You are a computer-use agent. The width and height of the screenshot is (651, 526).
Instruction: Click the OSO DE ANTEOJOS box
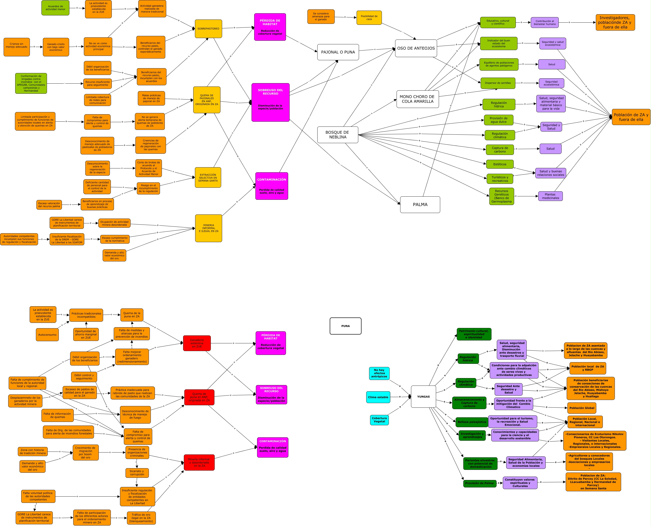click(416, 48)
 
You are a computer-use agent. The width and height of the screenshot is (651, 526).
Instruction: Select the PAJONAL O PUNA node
click(338, 52)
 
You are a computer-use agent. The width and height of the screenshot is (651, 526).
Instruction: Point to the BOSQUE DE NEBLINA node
click(338, 134)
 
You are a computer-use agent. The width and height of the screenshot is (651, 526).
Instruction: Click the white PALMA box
click(420, 205)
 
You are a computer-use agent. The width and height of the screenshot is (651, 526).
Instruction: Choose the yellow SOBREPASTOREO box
click(208, 29)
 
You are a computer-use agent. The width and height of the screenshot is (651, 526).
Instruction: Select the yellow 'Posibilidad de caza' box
click(369, 18)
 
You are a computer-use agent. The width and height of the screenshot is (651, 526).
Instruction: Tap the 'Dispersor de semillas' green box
click(498, 83)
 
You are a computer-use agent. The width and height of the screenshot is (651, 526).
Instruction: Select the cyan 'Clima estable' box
click(378, 397)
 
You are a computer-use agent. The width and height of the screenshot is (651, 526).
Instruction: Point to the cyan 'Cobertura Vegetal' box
click(379, 420)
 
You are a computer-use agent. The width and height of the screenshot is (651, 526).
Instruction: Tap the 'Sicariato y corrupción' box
click(137, 473)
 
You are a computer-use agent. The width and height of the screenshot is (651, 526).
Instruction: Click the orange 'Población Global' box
click(581, 408)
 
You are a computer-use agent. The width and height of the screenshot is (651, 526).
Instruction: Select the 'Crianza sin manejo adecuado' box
click(17, 47)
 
